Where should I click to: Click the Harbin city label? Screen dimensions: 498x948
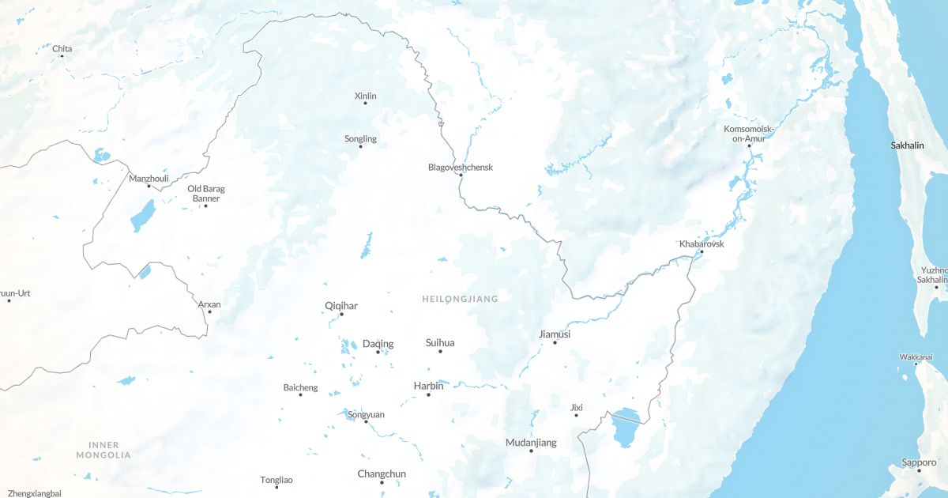428,386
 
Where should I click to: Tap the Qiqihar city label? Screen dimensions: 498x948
341,305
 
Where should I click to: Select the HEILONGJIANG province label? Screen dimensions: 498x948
460,299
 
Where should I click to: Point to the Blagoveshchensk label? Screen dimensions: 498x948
460,167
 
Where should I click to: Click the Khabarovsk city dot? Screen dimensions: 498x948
701,252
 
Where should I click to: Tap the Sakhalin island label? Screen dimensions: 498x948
907,145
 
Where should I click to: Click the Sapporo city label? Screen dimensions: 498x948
919,462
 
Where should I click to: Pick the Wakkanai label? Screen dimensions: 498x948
916,357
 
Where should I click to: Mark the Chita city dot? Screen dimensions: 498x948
62,57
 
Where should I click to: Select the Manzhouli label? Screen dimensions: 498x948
149,179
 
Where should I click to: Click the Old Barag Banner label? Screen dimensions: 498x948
205,193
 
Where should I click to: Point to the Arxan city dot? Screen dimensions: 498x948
209,311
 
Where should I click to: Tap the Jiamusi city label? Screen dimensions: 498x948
554,334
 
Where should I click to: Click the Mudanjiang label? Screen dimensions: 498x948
531,443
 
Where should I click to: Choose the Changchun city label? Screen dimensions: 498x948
382,474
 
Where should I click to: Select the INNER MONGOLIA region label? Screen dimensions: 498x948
103,450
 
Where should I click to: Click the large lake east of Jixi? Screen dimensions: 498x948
625,428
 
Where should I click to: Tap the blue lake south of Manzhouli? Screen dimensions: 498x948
143,215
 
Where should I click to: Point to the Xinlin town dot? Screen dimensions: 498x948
365,104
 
